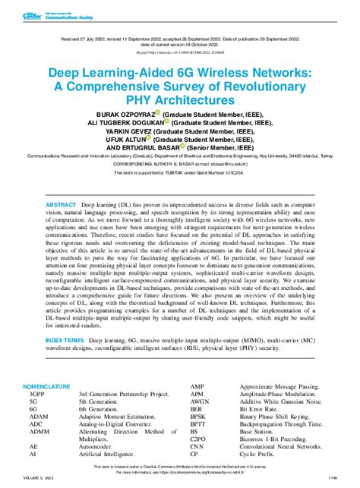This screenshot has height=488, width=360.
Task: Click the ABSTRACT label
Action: [61, 206]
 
